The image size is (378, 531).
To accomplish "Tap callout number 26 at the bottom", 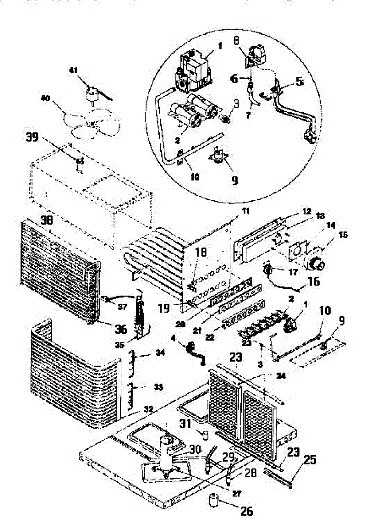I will (246, 511).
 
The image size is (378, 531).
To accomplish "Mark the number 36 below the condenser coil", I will (120, 329).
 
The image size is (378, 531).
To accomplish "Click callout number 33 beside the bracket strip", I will (159, 387).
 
